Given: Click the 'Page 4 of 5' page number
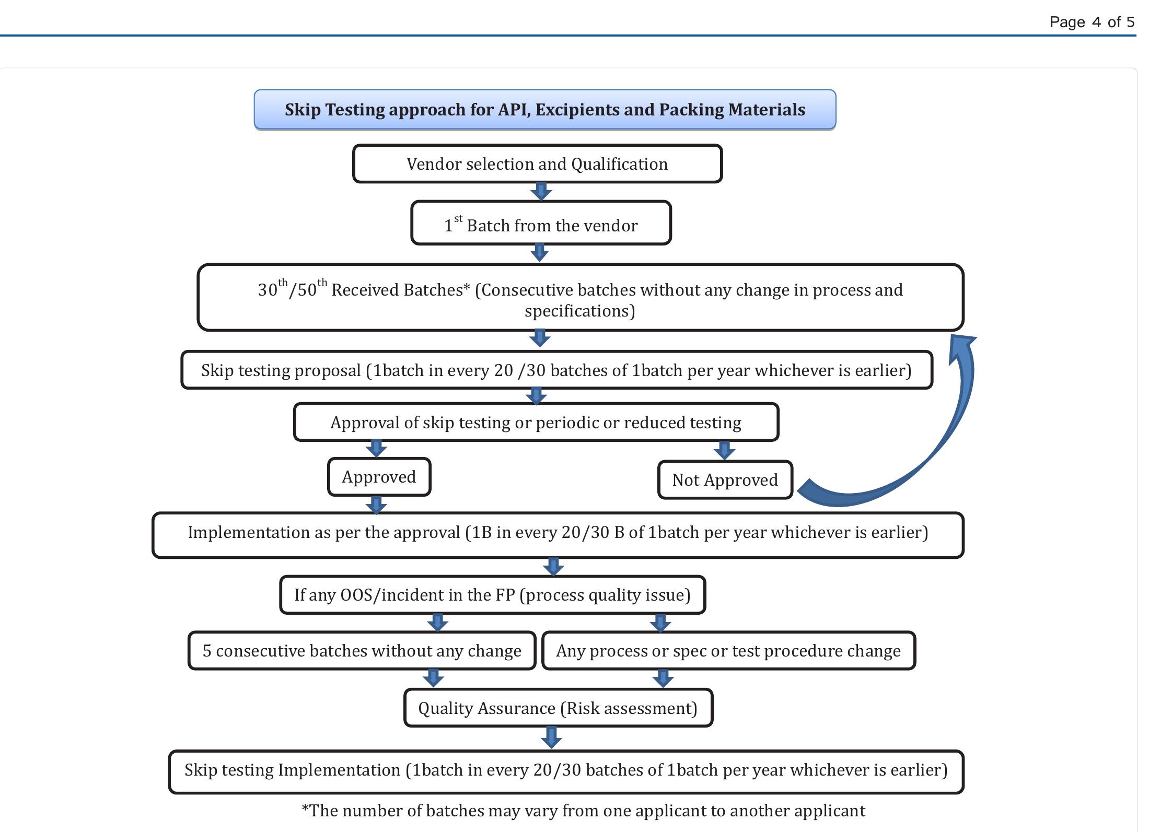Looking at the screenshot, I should pyautogui.click(x=1092, y=22).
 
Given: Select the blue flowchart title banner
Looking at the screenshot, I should pyautogui.click(x=544, y=110).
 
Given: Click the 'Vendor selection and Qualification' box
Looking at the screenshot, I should pyautogui.click(x=537, y=164).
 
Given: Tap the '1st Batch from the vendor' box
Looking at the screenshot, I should pyautogui.click(x=541, y=224).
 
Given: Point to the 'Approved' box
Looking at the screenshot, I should pyautogui.click(x=379, y=477).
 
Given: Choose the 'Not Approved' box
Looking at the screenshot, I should pyautogui.click(x=725, y=480).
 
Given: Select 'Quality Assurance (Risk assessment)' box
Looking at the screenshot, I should pyautogui.click(x=558, y=708).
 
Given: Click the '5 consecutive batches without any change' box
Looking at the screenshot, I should pyautogui.click(x=362, y=651).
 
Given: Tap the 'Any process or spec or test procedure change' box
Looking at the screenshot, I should pyautogui.click(x=728, y=651).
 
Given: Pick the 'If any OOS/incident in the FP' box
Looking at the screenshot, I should pyautogui.click(x=492, y=595).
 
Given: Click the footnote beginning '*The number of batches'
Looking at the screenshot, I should pyautogui.click(x=583, y=811).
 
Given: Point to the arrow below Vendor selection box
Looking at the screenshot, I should pyautogui.click(x=541, y=192).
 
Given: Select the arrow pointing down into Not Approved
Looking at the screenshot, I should pyautogui.click(x=724, y=450).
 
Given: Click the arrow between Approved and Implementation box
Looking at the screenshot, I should pyautogui.click(x=376, y=505).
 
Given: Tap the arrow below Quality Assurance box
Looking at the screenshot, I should pyautogui.click(x=551, y=737).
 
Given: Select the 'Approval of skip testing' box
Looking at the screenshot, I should pyautogui.click(x=536, y=423).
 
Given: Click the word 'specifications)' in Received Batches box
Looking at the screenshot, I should pyautogui.click(x=579, y=311).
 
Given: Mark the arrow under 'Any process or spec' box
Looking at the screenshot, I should pyautogui.click(x=663, y=678).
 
